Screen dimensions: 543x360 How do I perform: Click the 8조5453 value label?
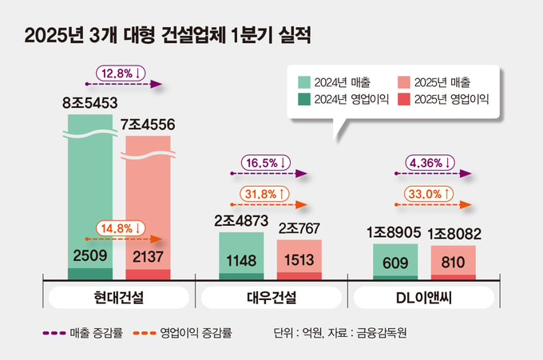click(x=90, y=103)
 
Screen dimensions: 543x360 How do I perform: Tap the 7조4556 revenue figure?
click(x=148, y=125)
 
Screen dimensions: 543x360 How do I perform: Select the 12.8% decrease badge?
click(x=121, y=73)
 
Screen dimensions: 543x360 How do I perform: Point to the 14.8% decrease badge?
click(x=121, y=228)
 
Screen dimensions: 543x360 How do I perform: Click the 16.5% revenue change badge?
click(x=266, y=163)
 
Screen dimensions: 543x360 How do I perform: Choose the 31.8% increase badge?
click(x=264, y=194)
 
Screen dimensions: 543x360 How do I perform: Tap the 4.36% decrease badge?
click(x=430, y=163)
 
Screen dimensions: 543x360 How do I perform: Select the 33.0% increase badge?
click(x=429, y=194)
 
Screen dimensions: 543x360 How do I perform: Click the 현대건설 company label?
click(x=119, y=298)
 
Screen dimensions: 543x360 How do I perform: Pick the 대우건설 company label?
click(x=271, y=298)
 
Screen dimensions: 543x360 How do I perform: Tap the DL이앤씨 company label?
click(x=424, y=298)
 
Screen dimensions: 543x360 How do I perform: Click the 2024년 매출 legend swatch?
click(x=304, y=82)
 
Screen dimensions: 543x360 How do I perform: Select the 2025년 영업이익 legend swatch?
click(x=404, y=99)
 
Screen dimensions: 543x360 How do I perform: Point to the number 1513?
click(x=299, y=260)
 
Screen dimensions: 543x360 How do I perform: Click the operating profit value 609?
click(x=395, y=263)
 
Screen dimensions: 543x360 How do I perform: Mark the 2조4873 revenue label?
click(x=241, y=221)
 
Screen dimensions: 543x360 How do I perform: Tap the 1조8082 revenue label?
click(x=454, y=234)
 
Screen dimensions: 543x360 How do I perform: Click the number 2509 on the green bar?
click(x=90, y=255)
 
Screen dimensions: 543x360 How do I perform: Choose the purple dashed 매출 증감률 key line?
click(x=54, y=333)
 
